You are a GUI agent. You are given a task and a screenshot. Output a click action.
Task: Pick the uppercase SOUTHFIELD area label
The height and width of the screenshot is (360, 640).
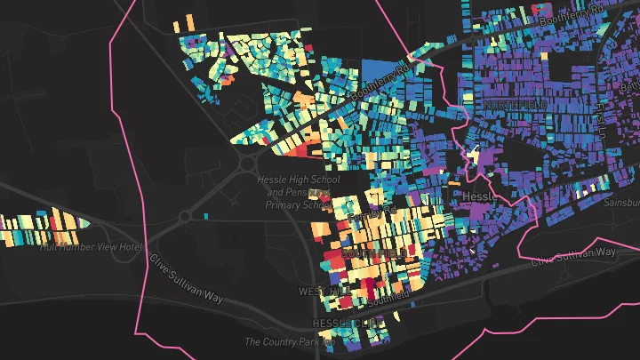(377, 254)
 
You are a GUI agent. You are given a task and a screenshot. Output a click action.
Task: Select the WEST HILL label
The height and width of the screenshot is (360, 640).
(319, 292)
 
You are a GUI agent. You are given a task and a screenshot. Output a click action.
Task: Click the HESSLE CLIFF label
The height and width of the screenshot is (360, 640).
(341, 321)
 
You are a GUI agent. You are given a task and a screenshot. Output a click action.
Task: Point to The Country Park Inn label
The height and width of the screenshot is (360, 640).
(289, 341)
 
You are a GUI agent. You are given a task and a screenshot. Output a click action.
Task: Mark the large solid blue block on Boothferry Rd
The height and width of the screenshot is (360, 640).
(379, 72)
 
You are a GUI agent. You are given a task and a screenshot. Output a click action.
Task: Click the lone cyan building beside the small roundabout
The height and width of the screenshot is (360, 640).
(205, 216)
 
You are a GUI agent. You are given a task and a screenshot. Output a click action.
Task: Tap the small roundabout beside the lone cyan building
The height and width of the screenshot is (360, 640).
(185, 216)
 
